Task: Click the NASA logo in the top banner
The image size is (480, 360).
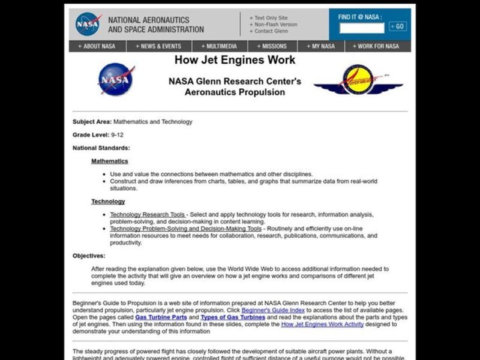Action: pyautogui.click(x=88, y=24)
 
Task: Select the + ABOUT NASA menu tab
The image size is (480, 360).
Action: pyautogui.click(x=97, y=46)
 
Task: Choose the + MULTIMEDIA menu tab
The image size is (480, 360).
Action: pyautogui.click(x=219, y=46)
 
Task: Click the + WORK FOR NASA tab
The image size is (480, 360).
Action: pyautogui.click(x=376, y=46)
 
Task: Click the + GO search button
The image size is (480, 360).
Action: pyautogui.click(x=397, y=26)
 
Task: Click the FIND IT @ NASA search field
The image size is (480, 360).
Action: pyautogui.click(x=362, y=28)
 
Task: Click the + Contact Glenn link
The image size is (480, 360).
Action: pyautogui.click(x=269, y=31)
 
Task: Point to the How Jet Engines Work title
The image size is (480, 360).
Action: pyautogui.click(x=235, y=60)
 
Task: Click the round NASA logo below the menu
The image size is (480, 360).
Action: pyautogui.click(x=116, y=79)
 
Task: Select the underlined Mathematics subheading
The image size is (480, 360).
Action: pyautogui.click(x=110, y=161)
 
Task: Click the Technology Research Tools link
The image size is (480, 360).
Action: pyautogui.click(x=148, y=215)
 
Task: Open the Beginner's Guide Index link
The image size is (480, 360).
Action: pyautogui.click(x=273, y=310)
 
